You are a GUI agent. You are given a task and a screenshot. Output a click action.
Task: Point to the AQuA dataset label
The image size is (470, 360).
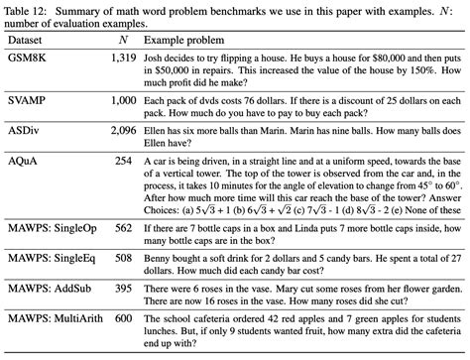(23, 159)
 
